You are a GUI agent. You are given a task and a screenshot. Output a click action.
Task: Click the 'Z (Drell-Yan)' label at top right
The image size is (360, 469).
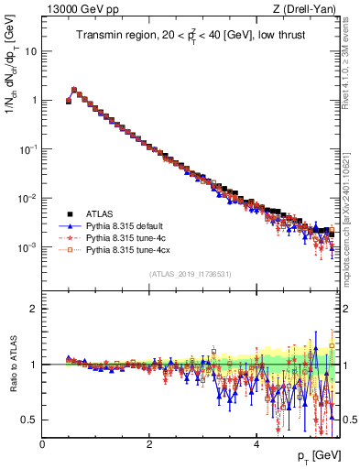308,10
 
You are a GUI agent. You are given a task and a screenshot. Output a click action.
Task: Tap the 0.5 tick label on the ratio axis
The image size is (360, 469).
30,420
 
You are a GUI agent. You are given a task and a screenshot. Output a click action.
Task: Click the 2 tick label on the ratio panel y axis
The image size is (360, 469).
35,309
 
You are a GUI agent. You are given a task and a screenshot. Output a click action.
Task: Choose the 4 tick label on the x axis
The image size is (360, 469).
256,442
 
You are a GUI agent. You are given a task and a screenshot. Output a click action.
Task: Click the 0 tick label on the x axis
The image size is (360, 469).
42,442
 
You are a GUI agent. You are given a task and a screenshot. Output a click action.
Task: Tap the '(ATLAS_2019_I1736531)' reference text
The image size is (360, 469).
191,273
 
